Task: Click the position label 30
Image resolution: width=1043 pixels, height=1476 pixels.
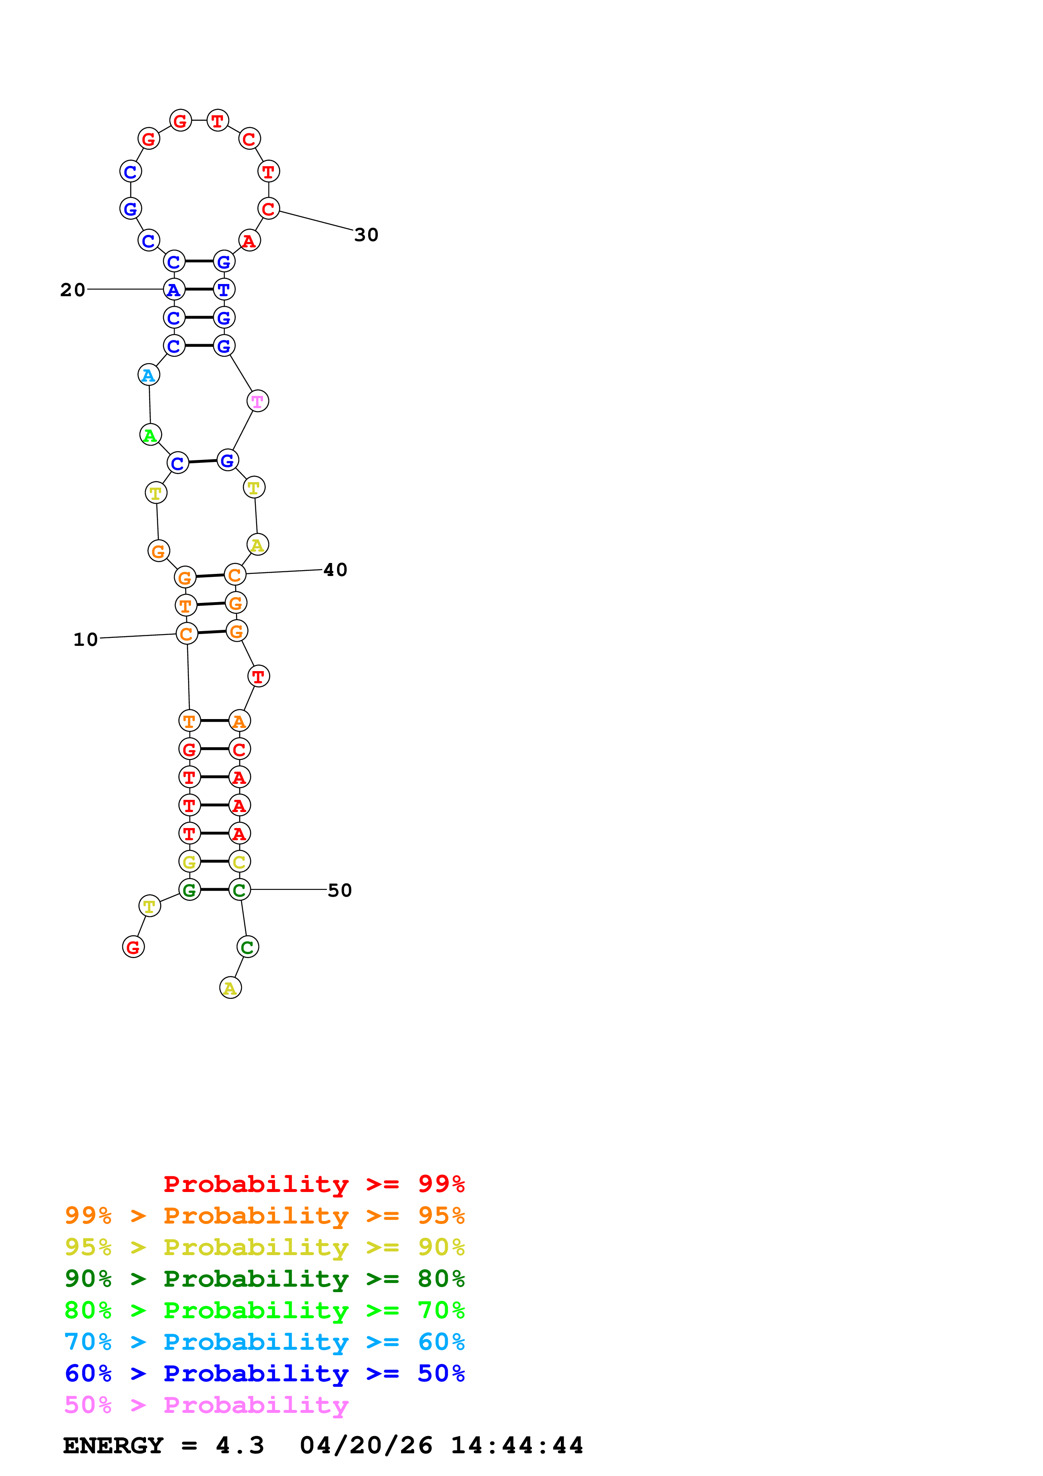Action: coord(366,235)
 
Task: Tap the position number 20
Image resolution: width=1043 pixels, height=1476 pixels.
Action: coord(73,290)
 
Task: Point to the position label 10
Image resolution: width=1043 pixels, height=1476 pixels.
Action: coord(85,640)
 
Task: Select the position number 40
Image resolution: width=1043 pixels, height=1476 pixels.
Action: coord(335,570)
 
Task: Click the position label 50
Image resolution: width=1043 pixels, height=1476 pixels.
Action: coord(340,890)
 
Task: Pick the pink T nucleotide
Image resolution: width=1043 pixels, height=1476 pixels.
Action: coord(257,401)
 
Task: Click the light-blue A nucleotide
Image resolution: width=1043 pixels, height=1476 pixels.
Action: coord(149,375)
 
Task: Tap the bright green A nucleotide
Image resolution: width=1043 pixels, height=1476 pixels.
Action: coord(150,435)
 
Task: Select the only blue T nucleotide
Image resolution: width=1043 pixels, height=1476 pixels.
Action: coord(224,289)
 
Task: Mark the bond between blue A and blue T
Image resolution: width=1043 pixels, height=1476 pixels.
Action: coord(199,289)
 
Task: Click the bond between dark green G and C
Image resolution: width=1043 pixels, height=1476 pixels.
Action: coord(215,890)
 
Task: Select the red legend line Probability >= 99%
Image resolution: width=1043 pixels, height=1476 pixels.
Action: coord(314,1184)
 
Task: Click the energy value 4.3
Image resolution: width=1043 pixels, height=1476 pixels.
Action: coord(240,1446)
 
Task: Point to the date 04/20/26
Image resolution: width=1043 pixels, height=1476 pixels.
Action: coord(366,1446)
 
